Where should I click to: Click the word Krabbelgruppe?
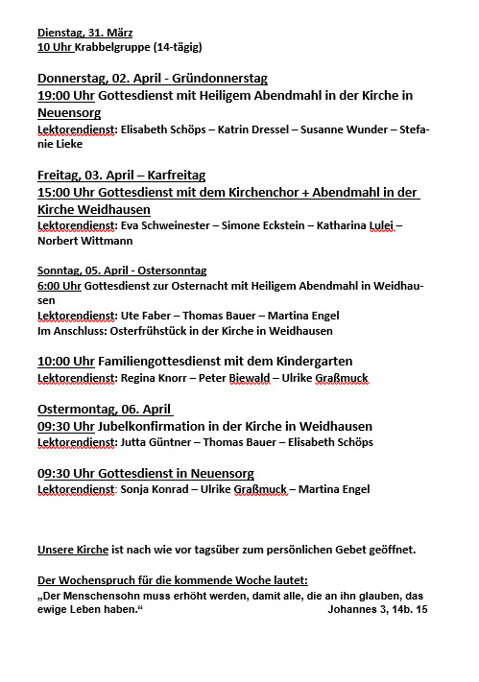point(113,46)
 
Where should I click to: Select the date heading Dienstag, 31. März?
point(85,32)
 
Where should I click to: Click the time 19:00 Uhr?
point(64,96)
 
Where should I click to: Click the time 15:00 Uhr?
point(64,193)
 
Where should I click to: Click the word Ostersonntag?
point(169,270)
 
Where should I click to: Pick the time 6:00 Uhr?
point(59,285)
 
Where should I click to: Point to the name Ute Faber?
point(144,316)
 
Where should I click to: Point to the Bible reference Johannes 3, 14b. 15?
point(377,609)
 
